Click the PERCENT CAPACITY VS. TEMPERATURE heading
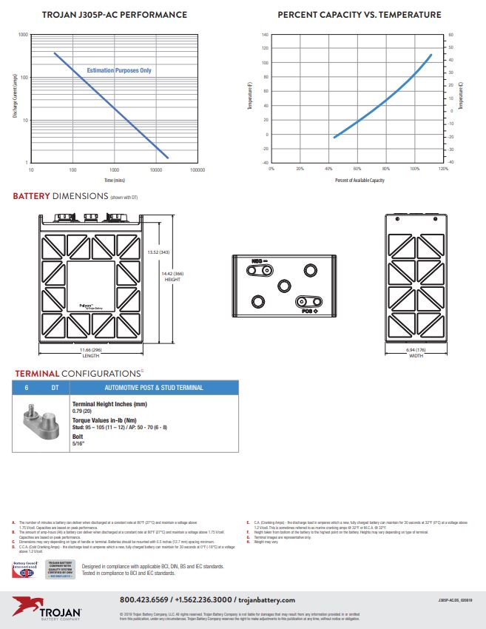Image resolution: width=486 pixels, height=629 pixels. (x=360, y=15)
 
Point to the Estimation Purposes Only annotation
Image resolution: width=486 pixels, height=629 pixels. (x=119, y=70)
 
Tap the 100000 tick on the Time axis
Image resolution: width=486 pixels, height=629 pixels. (x=198, y=170)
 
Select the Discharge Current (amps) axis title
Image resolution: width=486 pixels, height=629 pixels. (x=15, y=98)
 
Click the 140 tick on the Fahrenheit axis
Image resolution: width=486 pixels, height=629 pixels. (x=265, y=35)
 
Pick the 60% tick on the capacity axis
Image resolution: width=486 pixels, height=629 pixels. (x=357, y=169)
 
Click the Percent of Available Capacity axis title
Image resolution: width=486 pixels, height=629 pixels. (x=360, y=180)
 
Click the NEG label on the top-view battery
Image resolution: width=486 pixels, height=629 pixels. (x=257, y=260)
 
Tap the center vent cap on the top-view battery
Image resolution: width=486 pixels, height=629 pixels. (x=284, y=286)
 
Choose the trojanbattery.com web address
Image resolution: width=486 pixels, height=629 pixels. (x=266, y=600)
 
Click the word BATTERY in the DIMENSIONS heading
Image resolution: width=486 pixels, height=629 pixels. (x=31, y=196)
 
